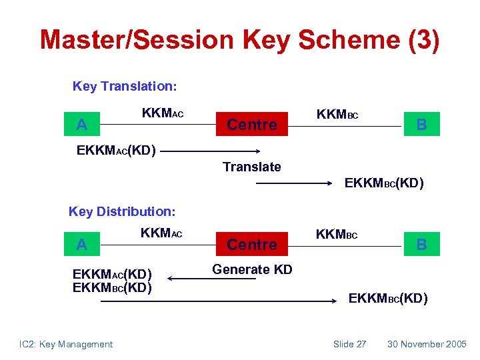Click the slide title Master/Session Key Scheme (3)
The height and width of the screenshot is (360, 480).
tap(239, 40)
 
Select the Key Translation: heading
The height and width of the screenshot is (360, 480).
tap(124, 86)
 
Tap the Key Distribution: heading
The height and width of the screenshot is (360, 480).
tap(122, 211)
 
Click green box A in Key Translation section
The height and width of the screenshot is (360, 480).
tap(81, 125)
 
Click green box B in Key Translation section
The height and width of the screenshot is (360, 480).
tap(421, 125)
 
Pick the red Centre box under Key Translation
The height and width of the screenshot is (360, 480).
tap(252, 125)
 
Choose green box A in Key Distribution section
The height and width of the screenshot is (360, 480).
tap(81, 245)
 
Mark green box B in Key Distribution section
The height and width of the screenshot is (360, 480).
tap(421, 245)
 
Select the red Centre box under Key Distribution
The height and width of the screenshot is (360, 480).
tap(252, 245)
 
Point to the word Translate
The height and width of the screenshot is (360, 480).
tap(251, 167)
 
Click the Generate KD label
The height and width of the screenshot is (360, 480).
tap(251, 269)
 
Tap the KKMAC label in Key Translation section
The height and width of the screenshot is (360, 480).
tap(162, 114)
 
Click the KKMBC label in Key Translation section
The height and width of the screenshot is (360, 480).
tap(337, 115)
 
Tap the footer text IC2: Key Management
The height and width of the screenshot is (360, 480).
tap(66, 344)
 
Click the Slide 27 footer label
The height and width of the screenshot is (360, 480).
tap(349, 344)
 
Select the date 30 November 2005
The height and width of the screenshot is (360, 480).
tap(427, 344)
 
